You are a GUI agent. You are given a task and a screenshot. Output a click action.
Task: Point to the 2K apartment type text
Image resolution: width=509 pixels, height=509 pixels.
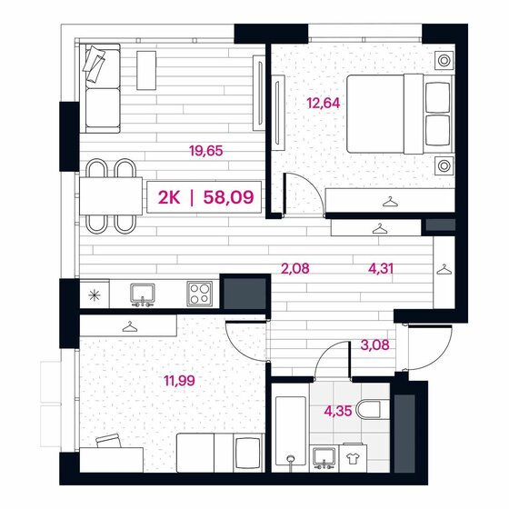pyautogui.click(x=169, y=195)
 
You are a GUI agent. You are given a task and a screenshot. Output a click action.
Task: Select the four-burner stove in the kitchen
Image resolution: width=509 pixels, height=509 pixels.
pyautogui.click(x=200, y=293)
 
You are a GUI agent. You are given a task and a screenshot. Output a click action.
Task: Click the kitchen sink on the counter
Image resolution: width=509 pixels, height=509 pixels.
pyautogui.click(x=142, y=293)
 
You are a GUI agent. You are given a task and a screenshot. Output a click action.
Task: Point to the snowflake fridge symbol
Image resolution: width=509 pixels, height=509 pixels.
pyautogui.click(x=94, y=294)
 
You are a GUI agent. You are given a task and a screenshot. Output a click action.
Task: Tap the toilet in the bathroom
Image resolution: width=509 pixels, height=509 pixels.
pyautogui.click(x=370, y=410)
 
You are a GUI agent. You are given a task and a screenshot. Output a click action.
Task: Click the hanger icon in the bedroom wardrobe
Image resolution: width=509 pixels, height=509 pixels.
pyautogui.click(x=391, y=202)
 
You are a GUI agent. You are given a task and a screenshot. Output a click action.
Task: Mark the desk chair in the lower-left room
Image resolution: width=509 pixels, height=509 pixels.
pyautogui.click(x=108, y=444)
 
